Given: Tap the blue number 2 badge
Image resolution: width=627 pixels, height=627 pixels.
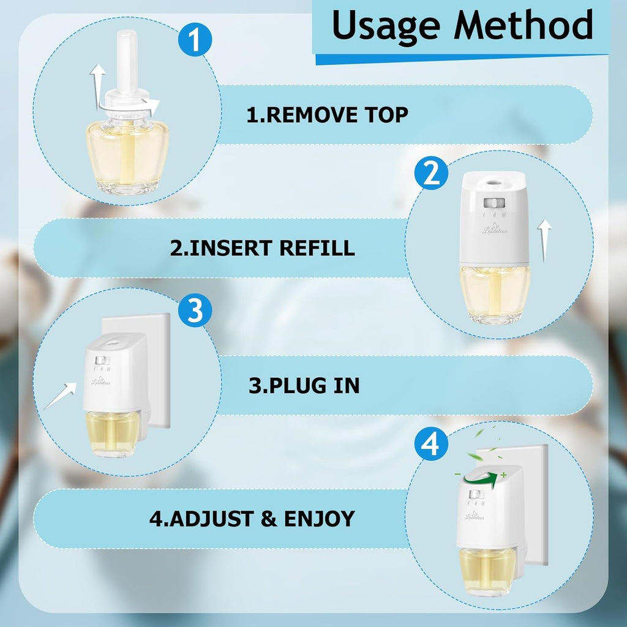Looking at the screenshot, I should (x=432, y=174).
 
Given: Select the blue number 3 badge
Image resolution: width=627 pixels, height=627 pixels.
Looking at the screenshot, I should (x=195, y=310).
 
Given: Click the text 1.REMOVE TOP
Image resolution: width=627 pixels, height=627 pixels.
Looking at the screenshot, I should (x=327, y=115).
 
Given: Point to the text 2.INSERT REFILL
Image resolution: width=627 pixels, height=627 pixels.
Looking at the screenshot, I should (x=262, y=248).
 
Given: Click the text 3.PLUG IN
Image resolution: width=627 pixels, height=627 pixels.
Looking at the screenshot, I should (x=304, y=385).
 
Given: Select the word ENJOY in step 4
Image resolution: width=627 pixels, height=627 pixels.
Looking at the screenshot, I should (x=319, y=519).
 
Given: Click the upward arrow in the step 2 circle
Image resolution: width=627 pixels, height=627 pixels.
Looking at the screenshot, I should (x=544, y=241).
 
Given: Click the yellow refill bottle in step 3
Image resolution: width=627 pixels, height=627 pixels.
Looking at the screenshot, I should (x=114, y=434).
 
